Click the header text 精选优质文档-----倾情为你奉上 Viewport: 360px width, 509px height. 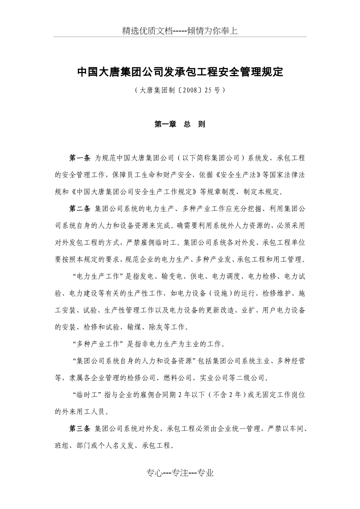180,31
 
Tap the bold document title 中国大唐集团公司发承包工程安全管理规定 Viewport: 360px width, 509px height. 180,72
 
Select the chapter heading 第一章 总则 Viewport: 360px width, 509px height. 180,124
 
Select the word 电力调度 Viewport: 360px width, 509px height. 225,277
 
